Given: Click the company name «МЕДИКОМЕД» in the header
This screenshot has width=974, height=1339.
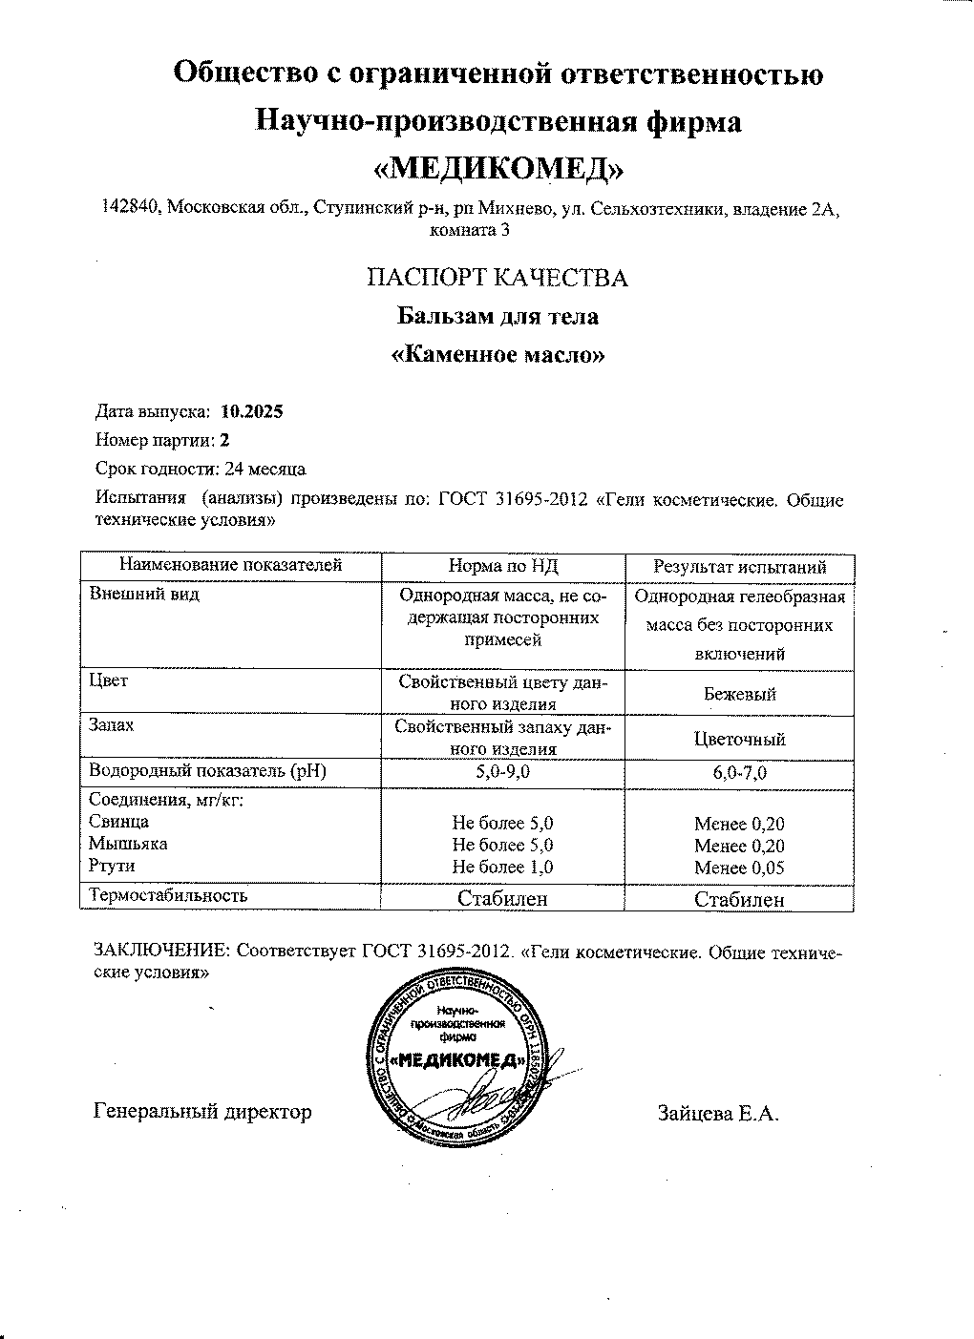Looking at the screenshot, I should tap(498, 168).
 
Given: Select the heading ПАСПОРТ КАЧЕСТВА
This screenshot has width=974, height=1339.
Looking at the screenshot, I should tap(498, 278).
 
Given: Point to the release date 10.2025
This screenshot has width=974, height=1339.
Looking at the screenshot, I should tap(251, 412).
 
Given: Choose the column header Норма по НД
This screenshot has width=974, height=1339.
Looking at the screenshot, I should tap(502, 567).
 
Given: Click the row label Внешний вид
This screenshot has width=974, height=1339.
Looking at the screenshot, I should tap(144, 594).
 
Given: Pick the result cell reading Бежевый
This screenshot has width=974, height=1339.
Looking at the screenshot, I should tap(740, 695).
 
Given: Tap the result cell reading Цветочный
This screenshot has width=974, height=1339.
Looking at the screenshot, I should tap(740, 739).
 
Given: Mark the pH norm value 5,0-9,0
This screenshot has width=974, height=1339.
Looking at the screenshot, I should tap(502, 772).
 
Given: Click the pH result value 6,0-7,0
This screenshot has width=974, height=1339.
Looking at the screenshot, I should tap(740, 773).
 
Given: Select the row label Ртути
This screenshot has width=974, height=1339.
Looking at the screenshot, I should tap(112, 866).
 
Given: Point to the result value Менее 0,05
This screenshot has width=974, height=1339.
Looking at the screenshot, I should tap(740, 868).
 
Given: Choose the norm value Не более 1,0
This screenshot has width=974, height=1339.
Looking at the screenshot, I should tap(502, 868).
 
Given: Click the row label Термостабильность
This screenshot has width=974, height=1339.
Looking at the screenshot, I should tap(168, 895).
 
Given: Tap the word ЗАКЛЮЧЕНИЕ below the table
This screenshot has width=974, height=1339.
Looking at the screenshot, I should tap(160, 952).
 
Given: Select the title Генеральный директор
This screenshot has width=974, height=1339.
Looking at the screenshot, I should tap(203, 1112).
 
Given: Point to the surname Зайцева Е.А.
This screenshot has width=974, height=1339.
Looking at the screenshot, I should tap(718, 1113).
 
